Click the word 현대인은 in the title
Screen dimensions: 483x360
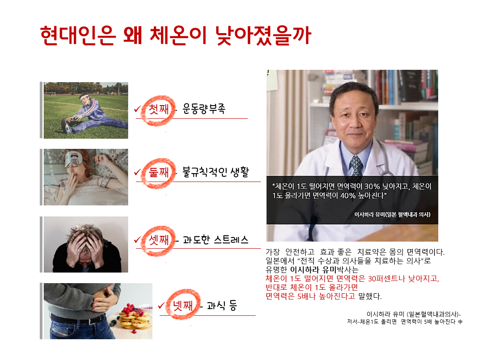[x=78, y=36]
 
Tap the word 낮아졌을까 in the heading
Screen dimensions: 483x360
[x=263, y=36]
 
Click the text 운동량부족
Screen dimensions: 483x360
[x=204, y=109]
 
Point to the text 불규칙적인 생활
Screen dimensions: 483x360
[x=215, y=172]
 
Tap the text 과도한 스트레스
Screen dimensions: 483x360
[x=215, y=239]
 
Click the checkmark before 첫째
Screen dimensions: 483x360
[x=137, y=109]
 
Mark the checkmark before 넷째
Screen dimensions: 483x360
[x=161, y=306]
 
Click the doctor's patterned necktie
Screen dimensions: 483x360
[x=356, y=166]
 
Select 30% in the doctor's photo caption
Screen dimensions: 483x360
[x=372, y=186]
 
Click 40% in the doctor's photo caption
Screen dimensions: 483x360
[x=348, y=196]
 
